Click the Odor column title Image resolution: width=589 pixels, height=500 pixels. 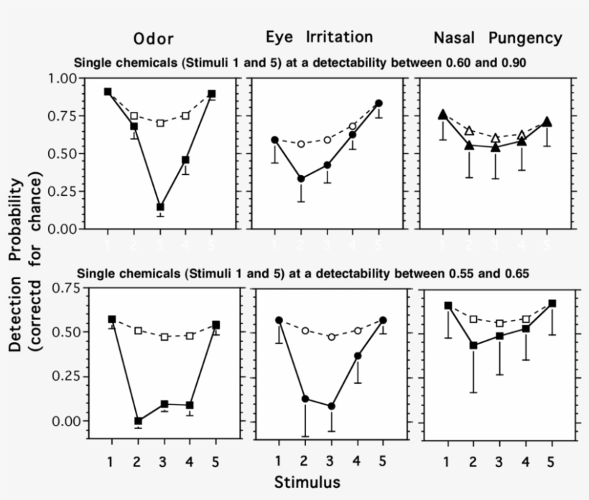[x=153, y=38]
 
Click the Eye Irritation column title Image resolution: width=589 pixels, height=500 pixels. [x=319, y=37]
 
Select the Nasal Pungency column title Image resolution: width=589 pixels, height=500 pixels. [x=497, y=37]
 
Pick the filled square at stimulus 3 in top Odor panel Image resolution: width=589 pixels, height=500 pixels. [x=160, y=207]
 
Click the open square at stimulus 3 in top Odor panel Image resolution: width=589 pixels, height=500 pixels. [x=160, y=123]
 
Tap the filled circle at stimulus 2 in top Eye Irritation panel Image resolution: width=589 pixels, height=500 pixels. [x=301, y=179]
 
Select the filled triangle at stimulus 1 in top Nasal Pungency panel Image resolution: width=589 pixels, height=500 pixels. [x=442, y=114]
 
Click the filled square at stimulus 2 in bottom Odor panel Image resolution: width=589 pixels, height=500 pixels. [x=138, y=421]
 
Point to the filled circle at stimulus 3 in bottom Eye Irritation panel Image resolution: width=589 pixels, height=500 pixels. [x=331, y=406]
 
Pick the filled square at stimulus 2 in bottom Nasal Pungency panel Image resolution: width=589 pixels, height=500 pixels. [x=473, y=345]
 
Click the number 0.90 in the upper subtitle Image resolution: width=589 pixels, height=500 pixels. [x=514, y=62]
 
